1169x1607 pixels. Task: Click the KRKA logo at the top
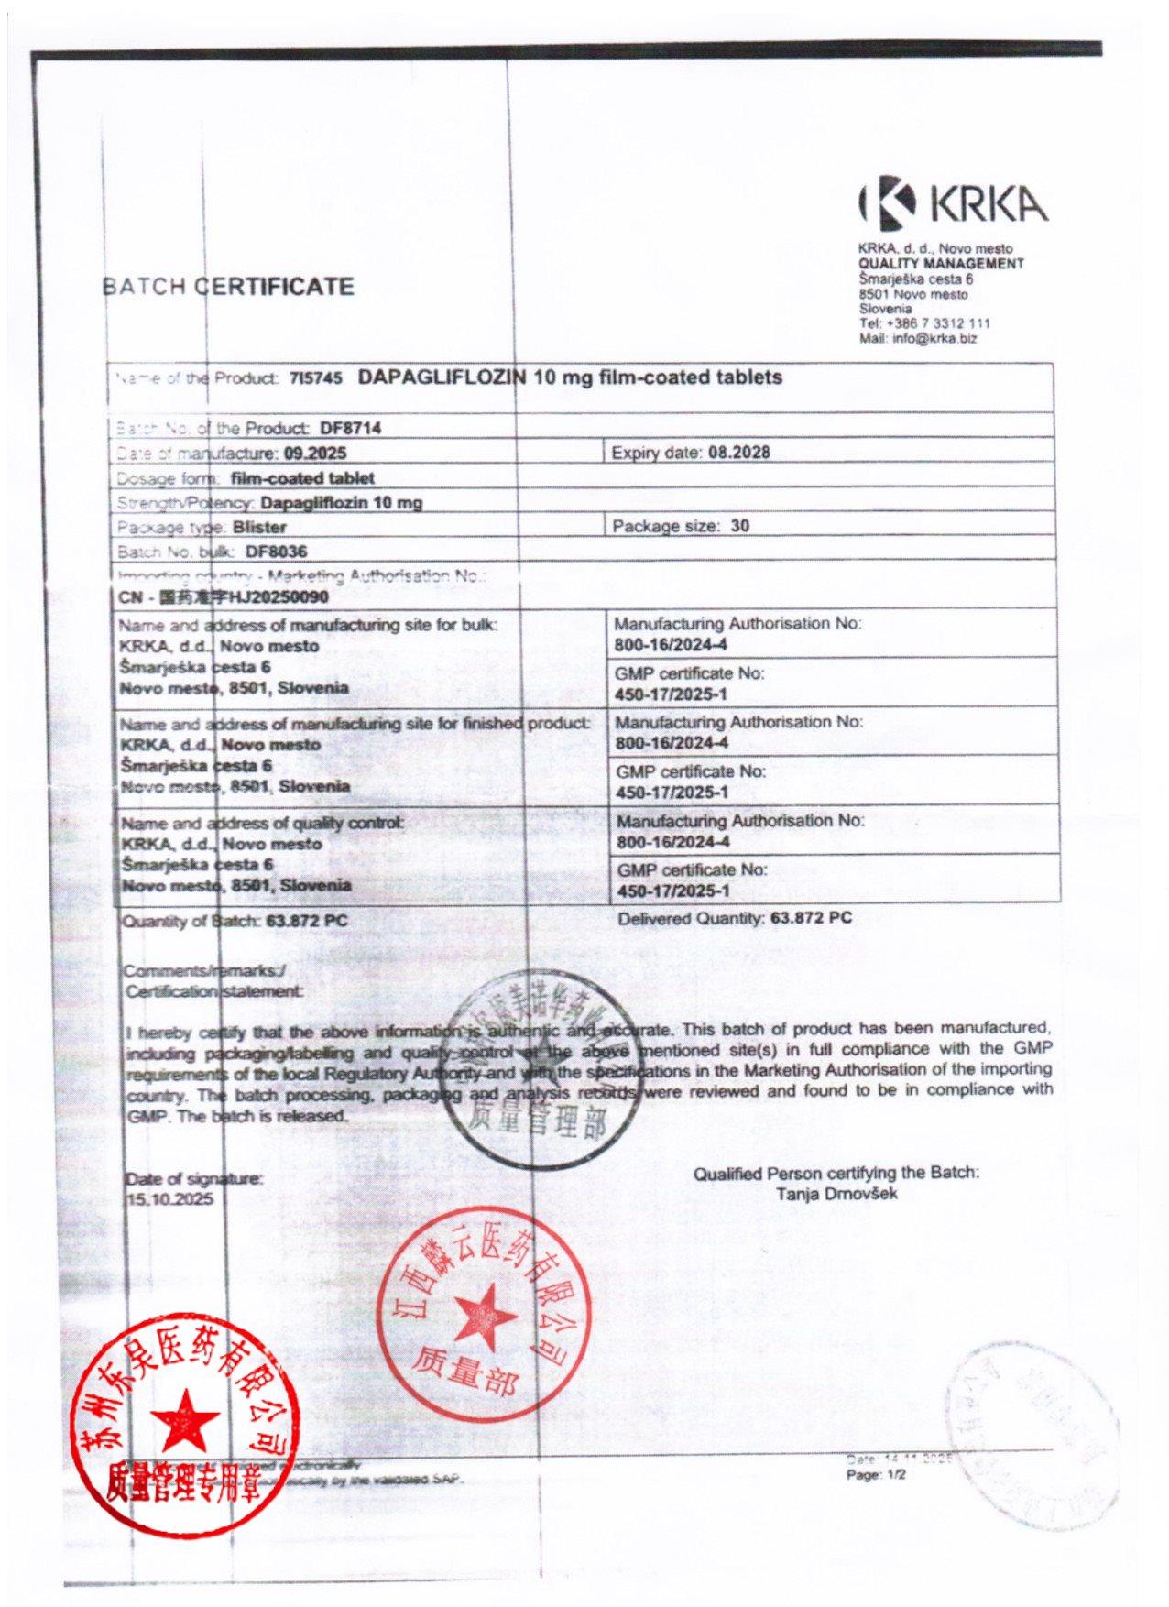(x=953, y=203)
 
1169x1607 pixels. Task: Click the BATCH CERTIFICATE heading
(x=228, y=287)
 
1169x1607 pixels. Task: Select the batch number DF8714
(x=350, y=428)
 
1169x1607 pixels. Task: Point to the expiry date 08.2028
(x=740, y=452)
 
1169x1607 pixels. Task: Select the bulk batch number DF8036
(x=276, y=552)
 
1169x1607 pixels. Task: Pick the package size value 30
(x=740, y=526)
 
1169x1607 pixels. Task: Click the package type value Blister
(x=259, y=527)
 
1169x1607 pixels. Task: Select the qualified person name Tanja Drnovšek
(x=836, y=1194)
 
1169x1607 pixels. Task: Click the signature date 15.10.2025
(x=169, y=1199)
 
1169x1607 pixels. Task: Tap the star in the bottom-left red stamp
(x=185, y=1421)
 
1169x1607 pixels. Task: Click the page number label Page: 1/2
(x=876, y=1475)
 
